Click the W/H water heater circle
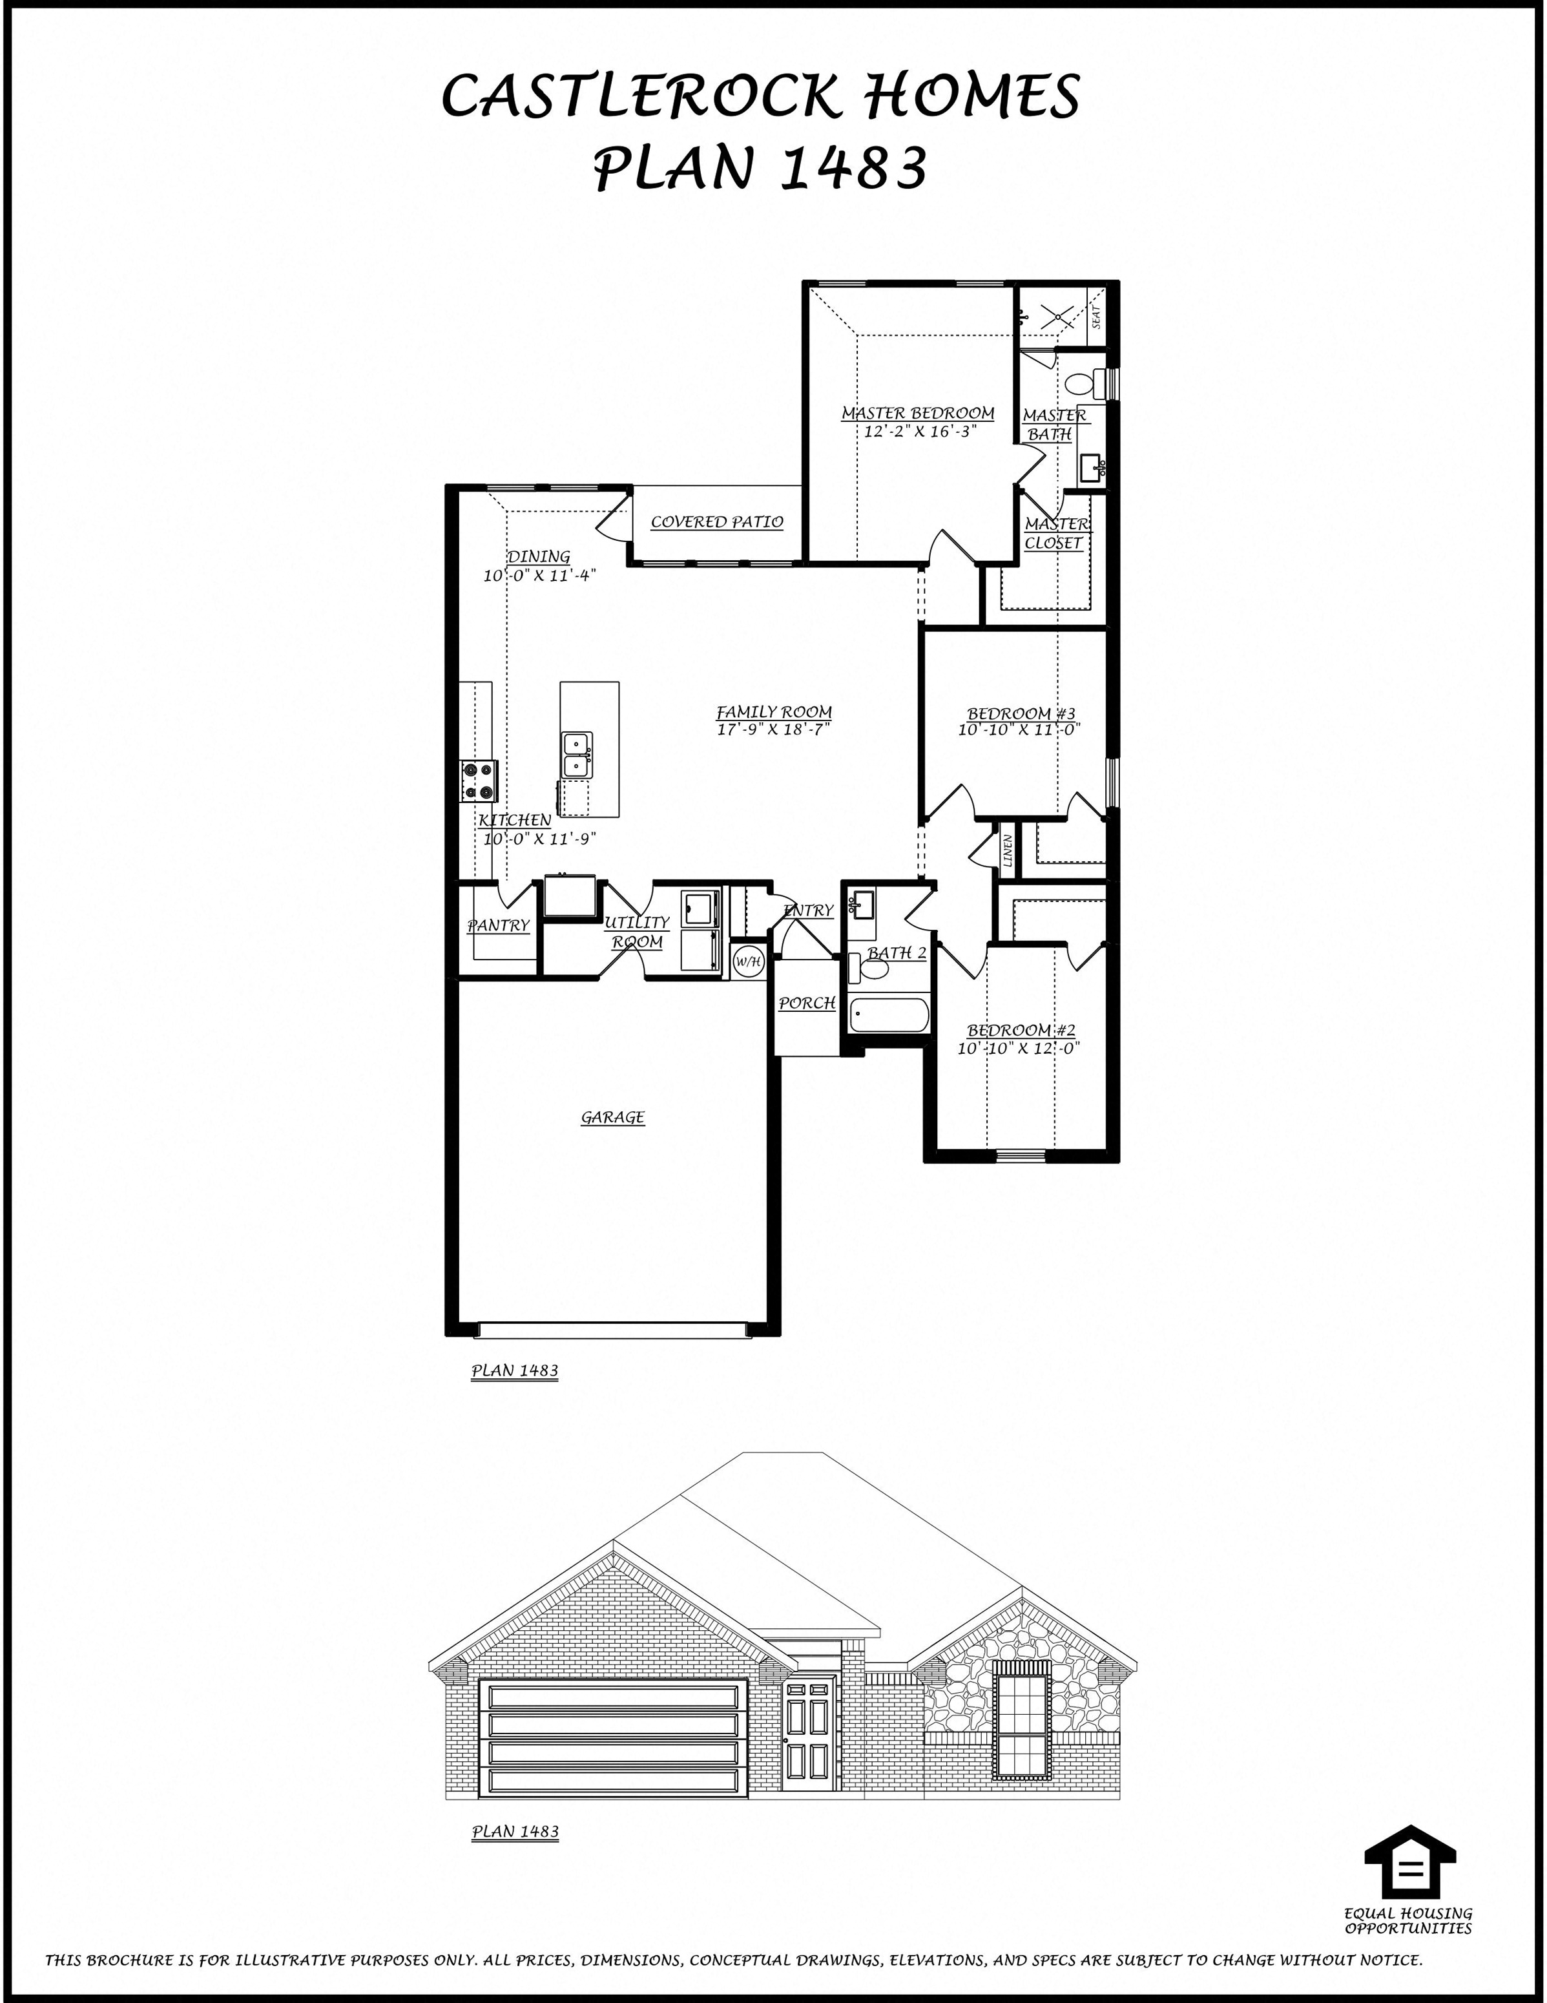click(x=748, y=961)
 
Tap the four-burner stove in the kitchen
click(x=479, y=781)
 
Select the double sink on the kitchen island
click(x=577, y=754)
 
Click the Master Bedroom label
click(x=918, y=414)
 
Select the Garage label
click(x=612, y=1117)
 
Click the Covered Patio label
click(x=717, y=522)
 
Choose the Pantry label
click(x=499, y=925)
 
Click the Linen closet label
click(x=1008, y=851)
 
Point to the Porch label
click(x=807, y=1003)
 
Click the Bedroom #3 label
click(x=1021, y=713)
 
